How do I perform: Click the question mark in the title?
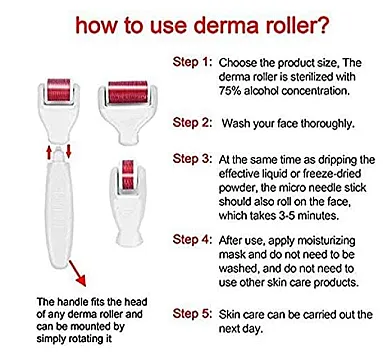pyautogui.click(x=319, y=25)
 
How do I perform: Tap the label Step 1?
pyautogui.click(x=192, y=62)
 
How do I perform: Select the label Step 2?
pyautogui.click(x=192, y=123)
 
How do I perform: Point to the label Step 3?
pyautogui.click(x=192, y=159)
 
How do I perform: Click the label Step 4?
pyautogui.click(x=192, y=239)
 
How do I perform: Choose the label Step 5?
pyautogui.click(x=192, y=314)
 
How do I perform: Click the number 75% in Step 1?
pyautogui.click(x=230, y=91)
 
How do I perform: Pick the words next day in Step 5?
pyautogui.click(x=241, y=329)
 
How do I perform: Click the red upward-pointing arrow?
pyautogui.click(x=49, y=153)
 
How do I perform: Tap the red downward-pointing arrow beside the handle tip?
pyautogui.click(x=69, y=151)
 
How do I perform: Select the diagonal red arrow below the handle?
pyautogui.click(x=77, y=273)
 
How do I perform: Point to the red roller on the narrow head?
pyautogui.click(x=128, y=177)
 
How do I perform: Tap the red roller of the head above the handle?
pyautogui.click(x=59, y=89)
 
